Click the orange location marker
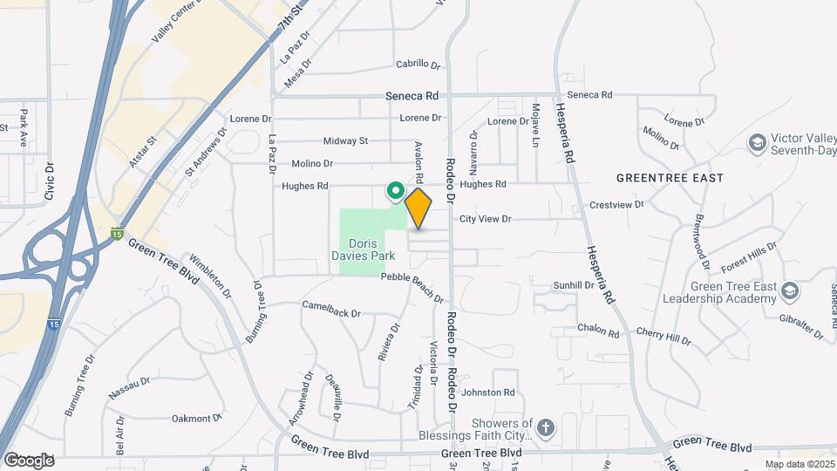point(418,208)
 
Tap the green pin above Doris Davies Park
point(394,189)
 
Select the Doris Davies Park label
point(367,249)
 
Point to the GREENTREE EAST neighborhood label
point(670,178)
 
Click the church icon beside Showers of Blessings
point(546,427)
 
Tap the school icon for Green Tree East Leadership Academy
point(790,290)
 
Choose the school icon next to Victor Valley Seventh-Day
point(757,141)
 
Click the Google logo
point(29,460)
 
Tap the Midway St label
point(345,140)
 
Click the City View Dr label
point(485,219)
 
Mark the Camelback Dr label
point(331,307)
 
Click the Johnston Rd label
point(488,392)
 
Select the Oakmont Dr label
point(191,418)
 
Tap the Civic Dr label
point(50,180)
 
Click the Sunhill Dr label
point(574,285)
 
